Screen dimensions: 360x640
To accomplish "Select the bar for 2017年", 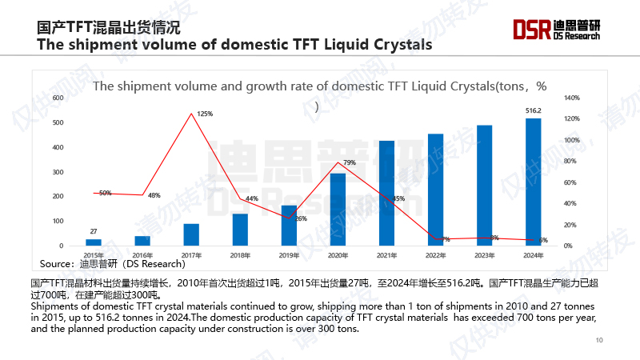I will click(191, 234).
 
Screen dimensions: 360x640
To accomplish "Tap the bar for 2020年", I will click(338, 209).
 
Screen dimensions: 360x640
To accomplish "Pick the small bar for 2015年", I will click(94, 242).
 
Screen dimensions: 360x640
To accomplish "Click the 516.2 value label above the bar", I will click(533, 110).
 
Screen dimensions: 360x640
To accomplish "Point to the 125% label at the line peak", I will click(205, 114).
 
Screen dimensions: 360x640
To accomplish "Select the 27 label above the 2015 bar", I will click(94, 231).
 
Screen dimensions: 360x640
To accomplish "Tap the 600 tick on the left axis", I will click(58, 98).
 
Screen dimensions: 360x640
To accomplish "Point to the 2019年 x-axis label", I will click(289, 255).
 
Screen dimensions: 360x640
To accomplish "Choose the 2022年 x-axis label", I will click(435, 255).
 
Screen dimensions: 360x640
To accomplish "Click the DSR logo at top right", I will click(556, 30).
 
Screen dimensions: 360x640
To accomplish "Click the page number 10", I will click(599, 341).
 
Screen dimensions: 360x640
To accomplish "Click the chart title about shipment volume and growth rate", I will click(320, 86).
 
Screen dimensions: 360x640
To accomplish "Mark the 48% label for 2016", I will click(154, 195).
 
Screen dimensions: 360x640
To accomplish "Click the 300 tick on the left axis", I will click(58, 172).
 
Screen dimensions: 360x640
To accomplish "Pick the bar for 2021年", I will click(386, 193).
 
